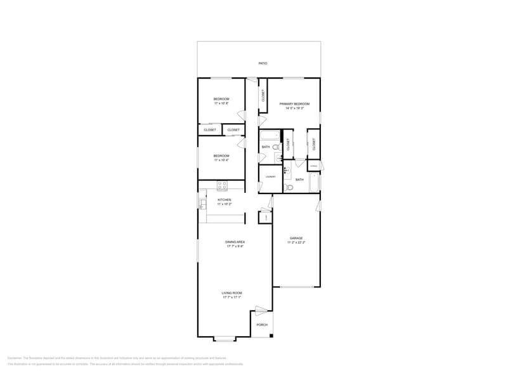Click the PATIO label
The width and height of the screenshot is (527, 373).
point(263,63)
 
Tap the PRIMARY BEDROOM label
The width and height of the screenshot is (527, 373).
point(294,104)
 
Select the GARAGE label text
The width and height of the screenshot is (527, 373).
point(296,239)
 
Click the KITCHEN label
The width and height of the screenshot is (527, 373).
point(224,200)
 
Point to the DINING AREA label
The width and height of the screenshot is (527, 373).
point(235,242)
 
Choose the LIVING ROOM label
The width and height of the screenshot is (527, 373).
point(232,293)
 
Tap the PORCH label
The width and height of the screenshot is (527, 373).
point(262,325)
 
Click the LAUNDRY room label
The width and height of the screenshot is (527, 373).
point(270,177)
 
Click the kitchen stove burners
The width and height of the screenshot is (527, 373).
point(222,185)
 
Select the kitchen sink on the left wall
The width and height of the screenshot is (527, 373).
point(202,204)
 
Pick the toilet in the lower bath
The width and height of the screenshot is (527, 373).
point(289,187)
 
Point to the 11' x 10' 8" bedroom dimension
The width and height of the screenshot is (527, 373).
point(221,103)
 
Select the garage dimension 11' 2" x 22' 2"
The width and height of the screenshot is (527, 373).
point(296,243)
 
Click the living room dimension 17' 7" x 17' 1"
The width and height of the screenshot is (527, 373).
point(232,298)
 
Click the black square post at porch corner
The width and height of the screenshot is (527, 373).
point(271,335)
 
